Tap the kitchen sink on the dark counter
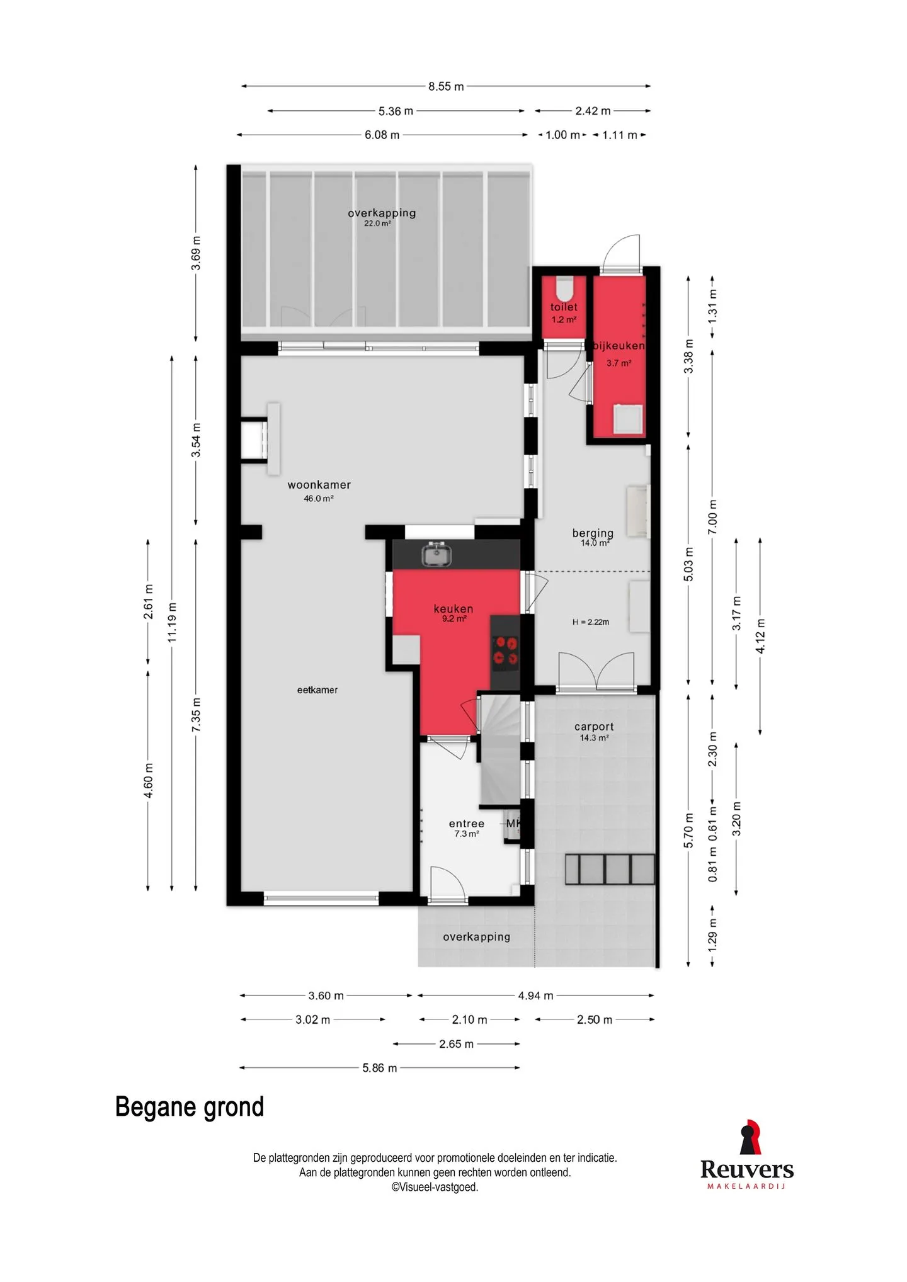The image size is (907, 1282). (436, 554)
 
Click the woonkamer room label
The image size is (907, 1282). (319, 485)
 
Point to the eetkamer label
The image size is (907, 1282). (317, 690)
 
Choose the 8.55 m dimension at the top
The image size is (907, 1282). (446, 86)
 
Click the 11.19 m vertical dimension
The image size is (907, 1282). (172, 623)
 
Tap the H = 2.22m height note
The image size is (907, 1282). (591, 622)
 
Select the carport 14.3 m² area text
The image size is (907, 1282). (594, 738)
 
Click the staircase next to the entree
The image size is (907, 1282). (501, 749)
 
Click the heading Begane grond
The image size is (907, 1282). (190, 1107)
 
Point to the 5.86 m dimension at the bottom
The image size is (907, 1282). (380, 1068)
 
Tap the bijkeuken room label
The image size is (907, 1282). (619, 346)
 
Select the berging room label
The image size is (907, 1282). (593, 533)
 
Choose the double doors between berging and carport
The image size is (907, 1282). (596, 671)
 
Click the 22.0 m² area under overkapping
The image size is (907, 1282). (377, 224)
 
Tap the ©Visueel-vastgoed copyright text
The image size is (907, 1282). (435, 1188)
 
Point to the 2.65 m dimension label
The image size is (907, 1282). (456, 1044)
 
